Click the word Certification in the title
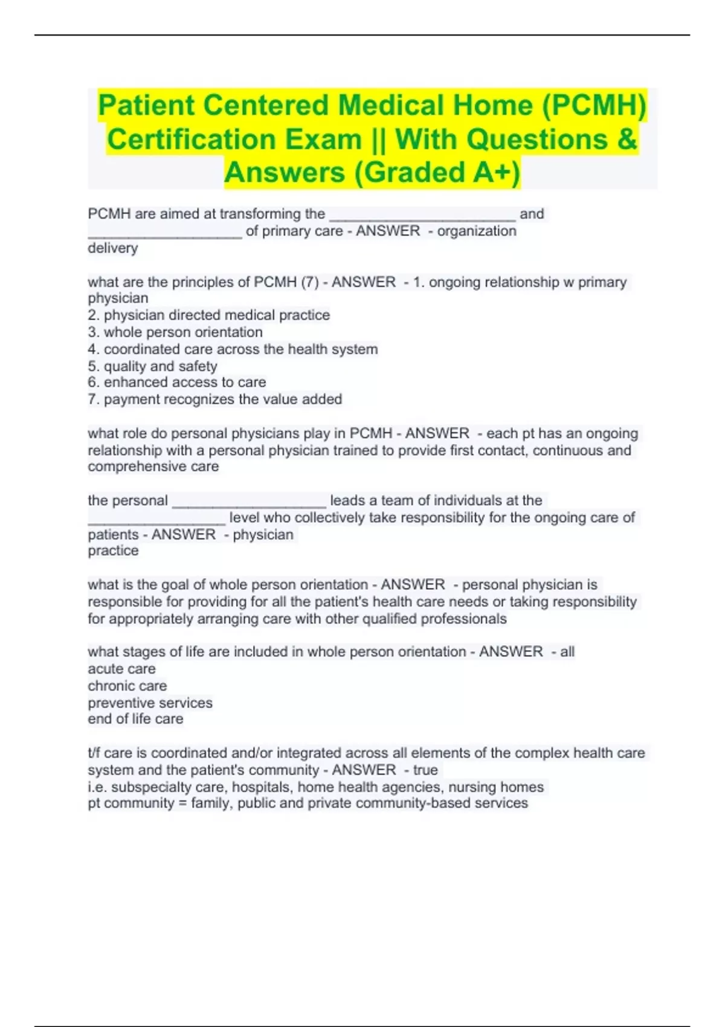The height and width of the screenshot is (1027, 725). [191, 140]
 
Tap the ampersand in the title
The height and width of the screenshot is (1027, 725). [627, 140]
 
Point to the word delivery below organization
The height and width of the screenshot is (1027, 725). [113, 248]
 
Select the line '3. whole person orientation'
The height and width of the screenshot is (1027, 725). [175, 332]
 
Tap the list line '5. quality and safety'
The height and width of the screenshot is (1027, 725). [152, 366]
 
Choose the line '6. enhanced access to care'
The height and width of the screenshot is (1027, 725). [176, 382]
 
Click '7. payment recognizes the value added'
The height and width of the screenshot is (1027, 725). [214, 399]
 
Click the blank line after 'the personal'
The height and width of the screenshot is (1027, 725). [249, 501]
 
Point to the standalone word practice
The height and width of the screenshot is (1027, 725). [113, 551]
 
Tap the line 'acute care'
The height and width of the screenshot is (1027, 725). [121, 669]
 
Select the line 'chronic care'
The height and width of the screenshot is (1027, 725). [127, 686]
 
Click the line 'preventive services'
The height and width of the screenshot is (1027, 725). [150, 703]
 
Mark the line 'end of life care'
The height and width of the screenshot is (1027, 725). [135, 719]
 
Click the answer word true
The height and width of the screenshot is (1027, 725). [425, 770]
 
